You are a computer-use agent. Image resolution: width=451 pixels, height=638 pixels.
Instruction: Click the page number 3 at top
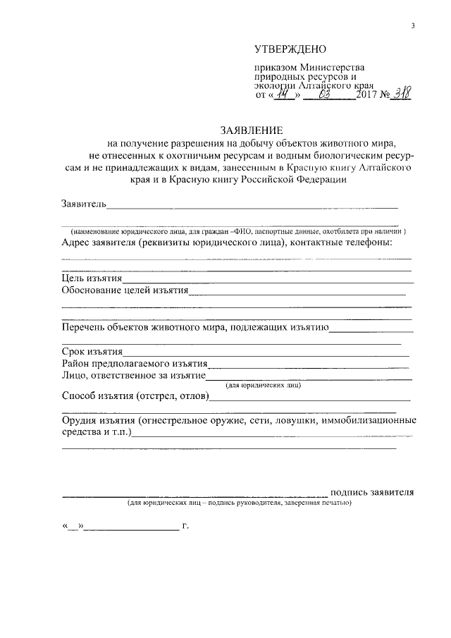click(x=413, y=26)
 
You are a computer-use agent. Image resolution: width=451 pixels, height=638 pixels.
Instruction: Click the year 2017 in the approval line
click(x=366, y=95)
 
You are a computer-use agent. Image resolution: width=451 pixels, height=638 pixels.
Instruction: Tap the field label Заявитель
click(x=84, y=204)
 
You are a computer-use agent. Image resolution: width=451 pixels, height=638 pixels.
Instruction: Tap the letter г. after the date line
click(x=185, y=525)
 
